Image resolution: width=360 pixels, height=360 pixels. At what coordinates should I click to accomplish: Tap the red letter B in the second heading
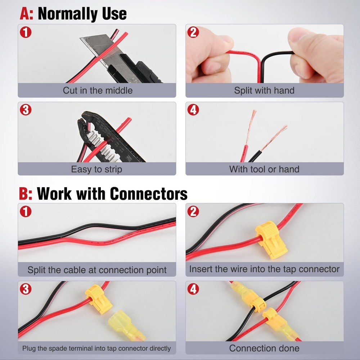pos(25,193)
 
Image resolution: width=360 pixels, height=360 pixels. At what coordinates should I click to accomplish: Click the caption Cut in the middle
pos(97,90)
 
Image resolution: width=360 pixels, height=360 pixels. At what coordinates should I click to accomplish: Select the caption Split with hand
pos(264,90)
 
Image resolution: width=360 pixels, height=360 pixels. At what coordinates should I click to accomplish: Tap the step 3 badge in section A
pos(26,110)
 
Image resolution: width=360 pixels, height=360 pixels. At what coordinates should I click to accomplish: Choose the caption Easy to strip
pos(96,169)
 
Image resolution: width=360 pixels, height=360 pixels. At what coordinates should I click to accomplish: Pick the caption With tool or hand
pos(264,169)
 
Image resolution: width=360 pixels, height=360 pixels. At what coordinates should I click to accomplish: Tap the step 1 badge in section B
pos(26,211)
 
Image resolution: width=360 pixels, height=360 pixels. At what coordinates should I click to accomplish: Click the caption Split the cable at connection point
pos(97,270)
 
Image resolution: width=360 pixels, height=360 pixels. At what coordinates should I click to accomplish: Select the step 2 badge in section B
pos(193,211)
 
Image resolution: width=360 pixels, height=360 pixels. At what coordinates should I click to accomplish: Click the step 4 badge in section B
pos(193,289)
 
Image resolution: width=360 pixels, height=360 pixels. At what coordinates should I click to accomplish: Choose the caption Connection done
pos(264,348)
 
